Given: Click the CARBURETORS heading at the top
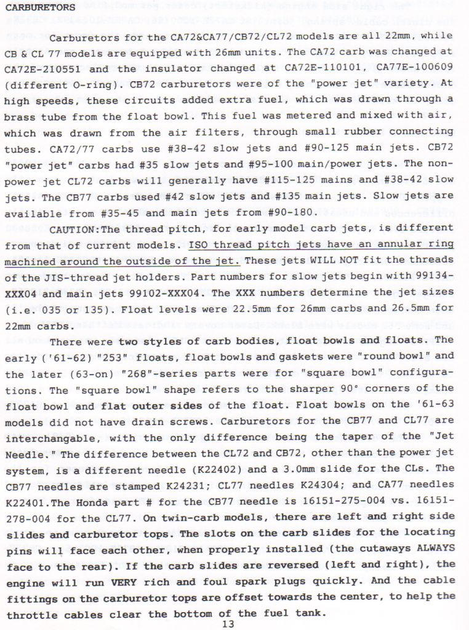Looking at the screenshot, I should click(x=40, y=8).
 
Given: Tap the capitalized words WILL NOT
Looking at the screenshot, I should click(x=332, y=260).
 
